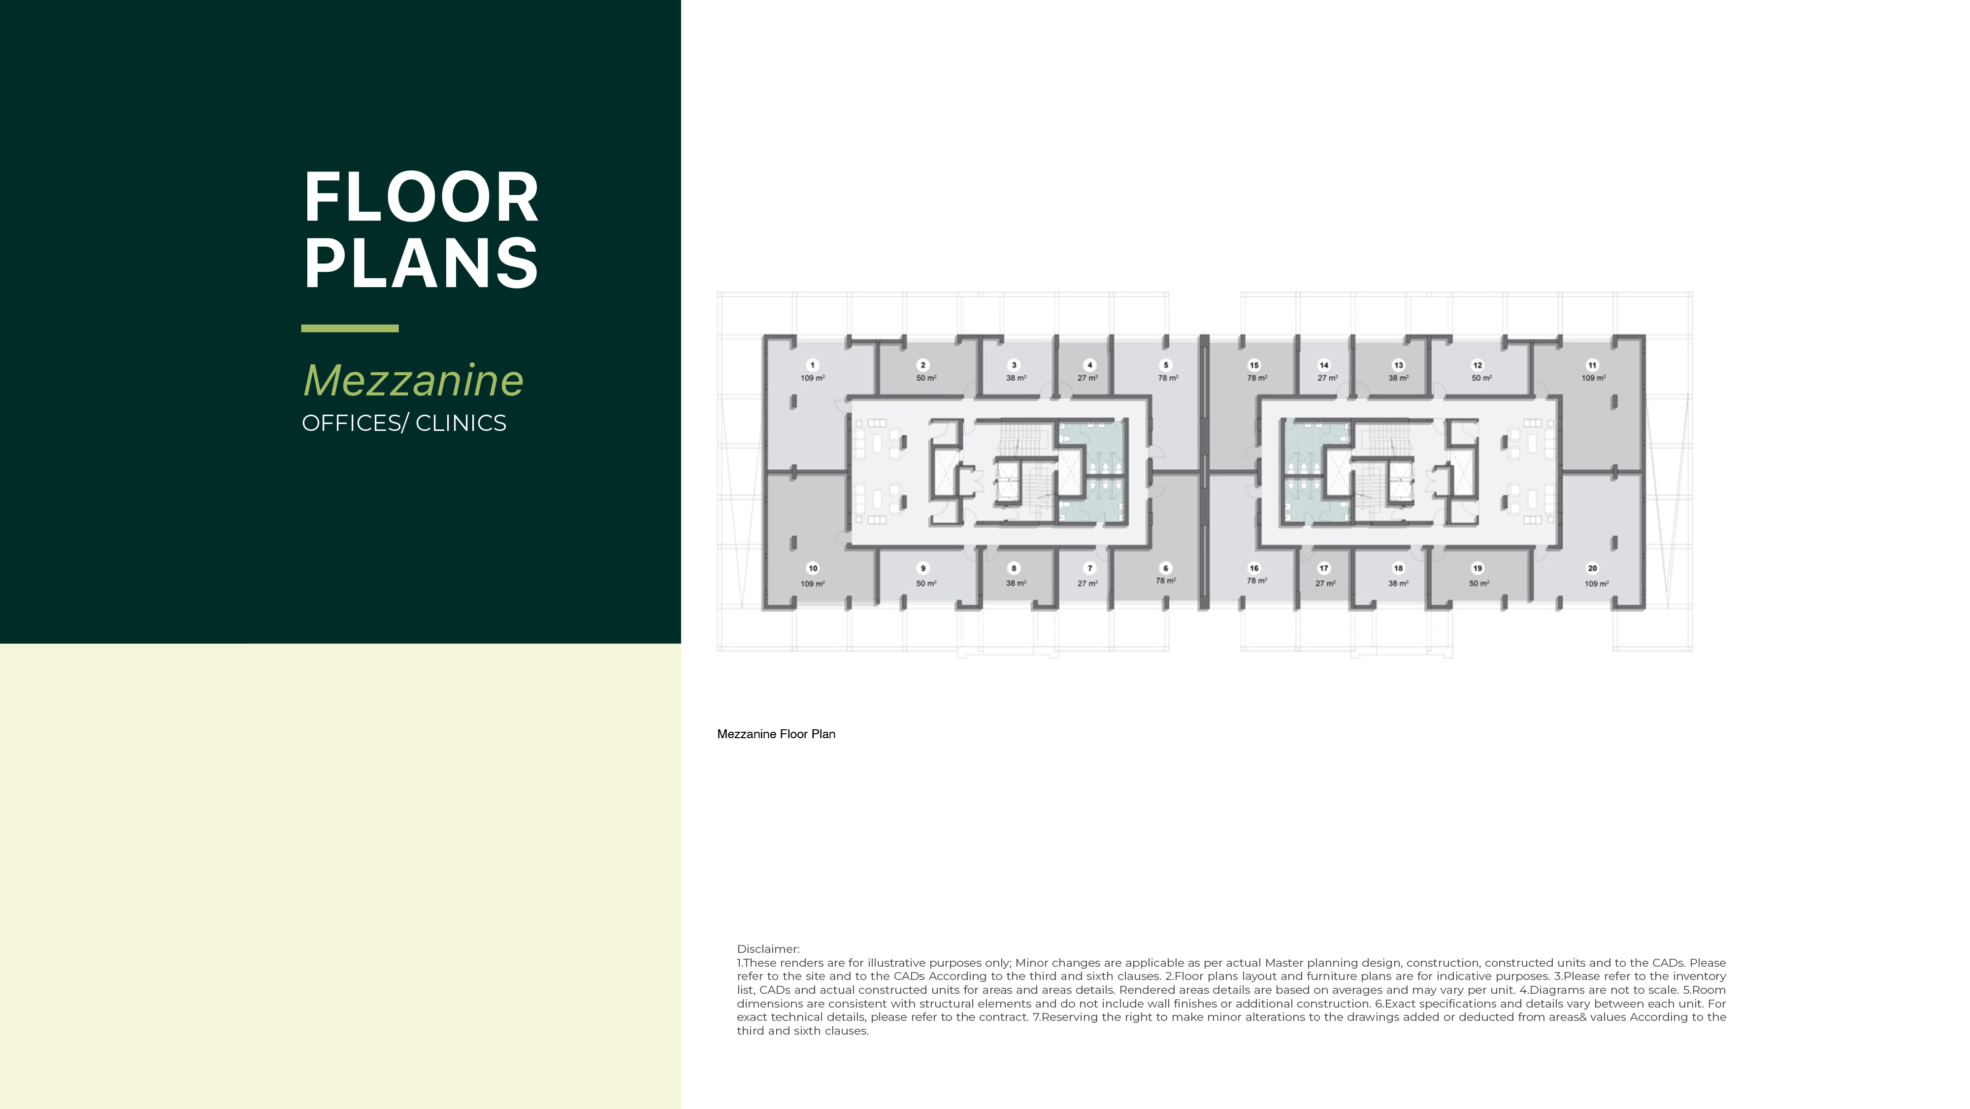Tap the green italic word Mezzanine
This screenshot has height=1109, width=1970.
coord(413,380)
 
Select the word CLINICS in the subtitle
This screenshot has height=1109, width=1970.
coord(460,423)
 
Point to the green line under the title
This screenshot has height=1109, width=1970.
coord(350,328)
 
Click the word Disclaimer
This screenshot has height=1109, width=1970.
coord(768,949)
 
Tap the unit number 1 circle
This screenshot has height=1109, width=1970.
coord(812,365)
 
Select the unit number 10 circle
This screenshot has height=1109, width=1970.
coord(812,568)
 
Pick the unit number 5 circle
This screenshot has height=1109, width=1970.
coord(1165,365)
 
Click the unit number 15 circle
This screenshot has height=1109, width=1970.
coord(1253,365)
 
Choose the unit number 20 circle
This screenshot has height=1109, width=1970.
coord(1592,568)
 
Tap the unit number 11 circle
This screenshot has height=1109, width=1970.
coord(1592,365)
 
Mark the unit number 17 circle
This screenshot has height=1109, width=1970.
coord(1324,568)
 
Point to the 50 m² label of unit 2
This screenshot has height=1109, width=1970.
coord(926,378)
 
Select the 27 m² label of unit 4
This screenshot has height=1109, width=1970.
coord(1087,378)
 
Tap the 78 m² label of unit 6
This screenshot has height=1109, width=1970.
coord(1165,581)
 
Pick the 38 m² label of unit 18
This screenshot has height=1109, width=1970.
coord(1398,583)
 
